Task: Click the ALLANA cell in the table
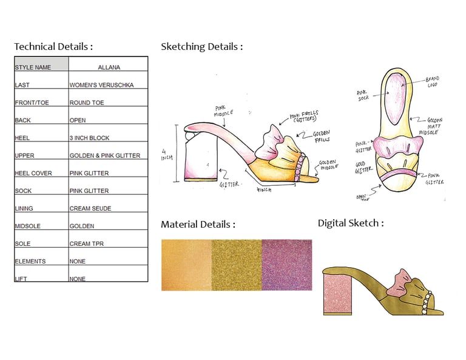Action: pos(109,67)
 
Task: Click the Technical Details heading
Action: pos(53,47)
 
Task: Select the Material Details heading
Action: pos(198,225)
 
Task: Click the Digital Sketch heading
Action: pos(351,223)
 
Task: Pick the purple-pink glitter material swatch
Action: pos(286,265)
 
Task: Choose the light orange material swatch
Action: pos(186,265)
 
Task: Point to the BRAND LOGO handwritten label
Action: pos(432,82)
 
